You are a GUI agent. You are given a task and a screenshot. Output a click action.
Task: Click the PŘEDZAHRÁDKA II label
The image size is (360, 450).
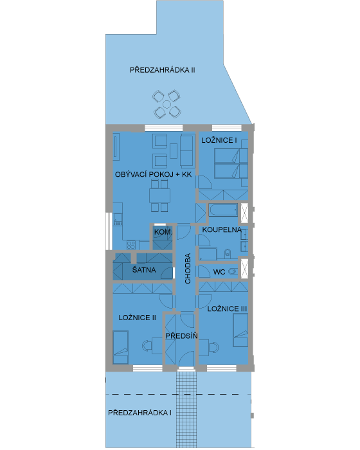point(163,70)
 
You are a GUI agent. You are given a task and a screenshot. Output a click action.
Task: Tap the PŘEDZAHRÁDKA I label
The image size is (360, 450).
point(139,413)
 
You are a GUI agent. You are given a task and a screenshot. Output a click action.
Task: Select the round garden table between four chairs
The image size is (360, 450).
point(166,104)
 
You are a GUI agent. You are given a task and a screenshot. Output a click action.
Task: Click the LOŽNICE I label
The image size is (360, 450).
point(219,140)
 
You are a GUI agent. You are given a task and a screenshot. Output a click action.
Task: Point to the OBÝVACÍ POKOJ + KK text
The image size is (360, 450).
point(153,174)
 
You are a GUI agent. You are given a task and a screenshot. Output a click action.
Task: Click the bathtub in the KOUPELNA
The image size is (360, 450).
point(223,210)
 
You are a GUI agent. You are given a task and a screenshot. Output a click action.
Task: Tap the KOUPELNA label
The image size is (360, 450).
point(222,230)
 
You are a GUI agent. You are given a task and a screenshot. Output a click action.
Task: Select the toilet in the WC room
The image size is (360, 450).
point(233,271)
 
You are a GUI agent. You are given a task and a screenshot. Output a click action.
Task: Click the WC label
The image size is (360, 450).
point(219,272)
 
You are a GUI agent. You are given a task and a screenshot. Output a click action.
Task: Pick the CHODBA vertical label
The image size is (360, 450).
point(188,268)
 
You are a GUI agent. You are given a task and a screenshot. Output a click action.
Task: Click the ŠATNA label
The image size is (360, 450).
point(144,270)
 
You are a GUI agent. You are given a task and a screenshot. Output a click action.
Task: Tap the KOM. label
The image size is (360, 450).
point(163,232)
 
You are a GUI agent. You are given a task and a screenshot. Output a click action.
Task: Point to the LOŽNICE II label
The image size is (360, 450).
point(137,318)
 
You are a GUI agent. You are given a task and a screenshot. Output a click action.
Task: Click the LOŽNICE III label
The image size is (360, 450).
point(227,309)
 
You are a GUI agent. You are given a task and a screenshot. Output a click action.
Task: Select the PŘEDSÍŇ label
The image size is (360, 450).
point(181,336)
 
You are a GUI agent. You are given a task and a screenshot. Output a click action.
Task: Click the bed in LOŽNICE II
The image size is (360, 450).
point(121,347)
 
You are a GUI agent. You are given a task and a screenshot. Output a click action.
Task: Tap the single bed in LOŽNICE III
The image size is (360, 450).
point(240,330)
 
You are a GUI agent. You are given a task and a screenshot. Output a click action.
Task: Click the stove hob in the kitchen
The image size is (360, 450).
point(131,245)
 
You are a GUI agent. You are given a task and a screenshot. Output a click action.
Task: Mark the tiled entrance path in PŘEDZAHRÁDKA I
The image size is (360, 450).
point(186,410)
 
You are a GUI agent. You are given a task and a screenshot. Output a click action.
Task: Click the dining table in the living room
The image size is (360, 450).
point(159,195)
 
